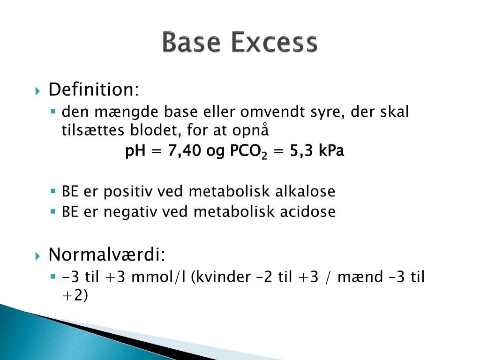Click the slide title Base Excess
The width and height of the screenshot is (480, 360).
(240, 43)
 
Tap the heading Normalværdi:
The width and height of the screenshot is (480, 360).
(107, 255)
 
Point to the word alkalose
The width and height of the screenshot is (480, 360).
(305, 191)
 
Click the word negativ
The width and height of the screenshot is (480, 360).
(131, 212)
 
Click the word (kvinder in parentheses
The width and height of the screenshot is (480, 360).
(220, 277)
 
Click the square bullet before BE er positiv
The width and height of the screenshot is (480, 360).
(53, 191)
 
